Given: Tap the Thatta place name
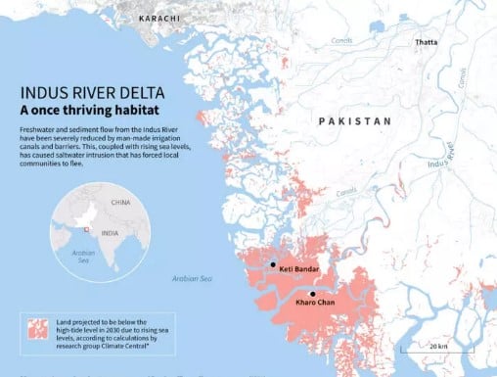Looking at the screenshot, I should (x=426, y=42).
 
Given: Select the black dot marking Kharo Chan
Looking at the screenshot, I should (x=312, y=294).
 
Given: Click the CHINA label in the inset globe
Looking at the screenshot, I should (x=120, y=203).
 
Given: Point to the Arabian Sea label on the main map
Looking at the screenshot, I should (x=191, y=279).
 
